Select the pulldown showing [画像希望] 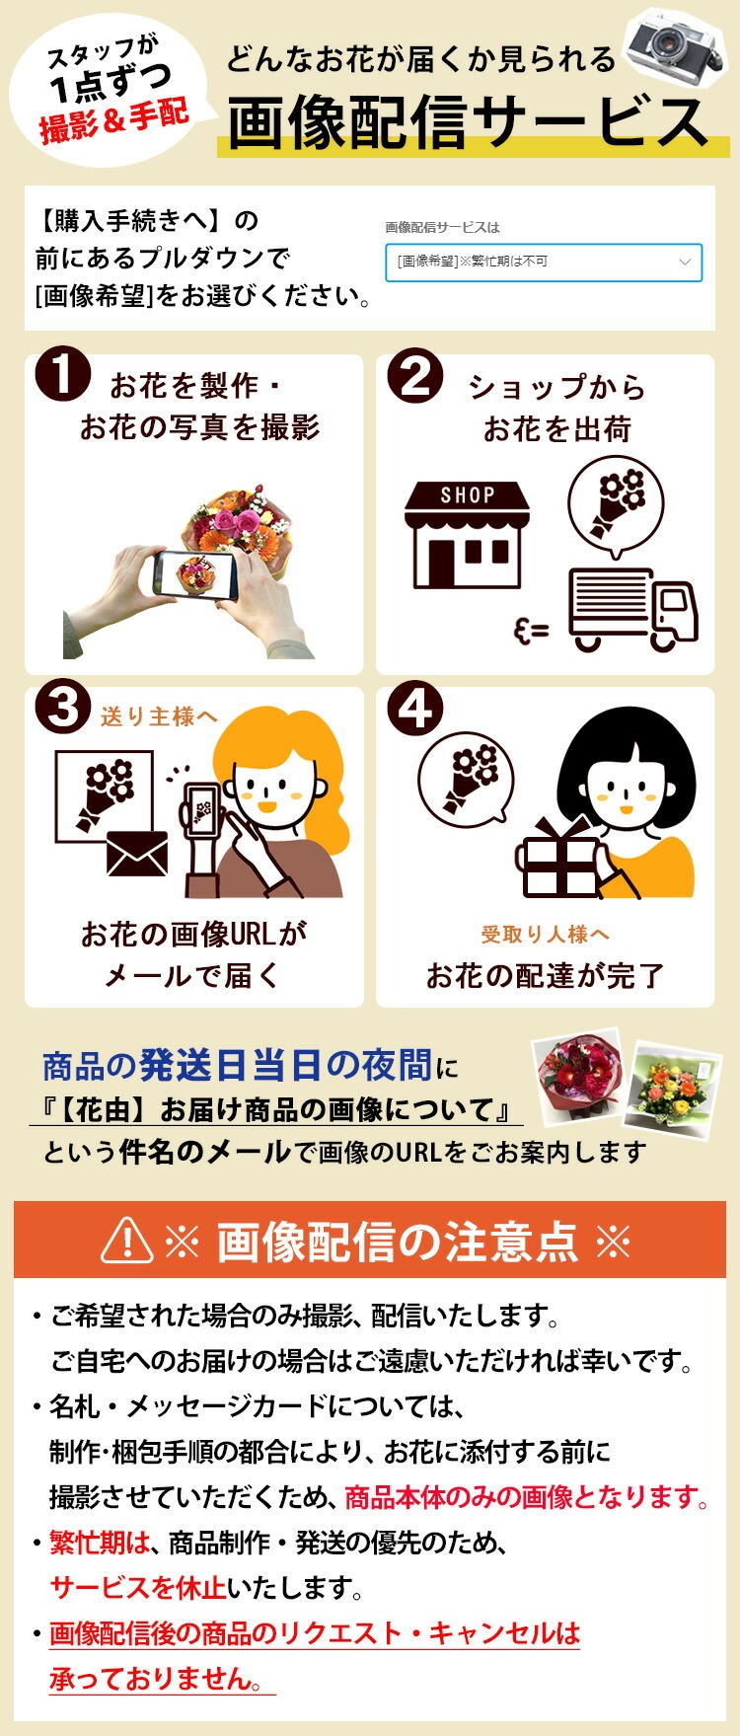[x=544, y=263]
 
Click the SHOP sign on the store [x=468, y=495]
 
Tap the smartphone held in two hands [x=195, y=573]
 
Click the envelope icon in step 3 [x=136, y=854]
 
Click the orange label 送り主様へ [x=159, y=717]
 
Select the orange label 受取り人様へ [x=545, y=934]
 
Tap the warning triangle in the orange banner [x=127, y=1240]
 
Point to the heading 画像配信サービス [x=468, y=122]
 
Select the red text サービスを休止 [x=138, y=1587]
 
